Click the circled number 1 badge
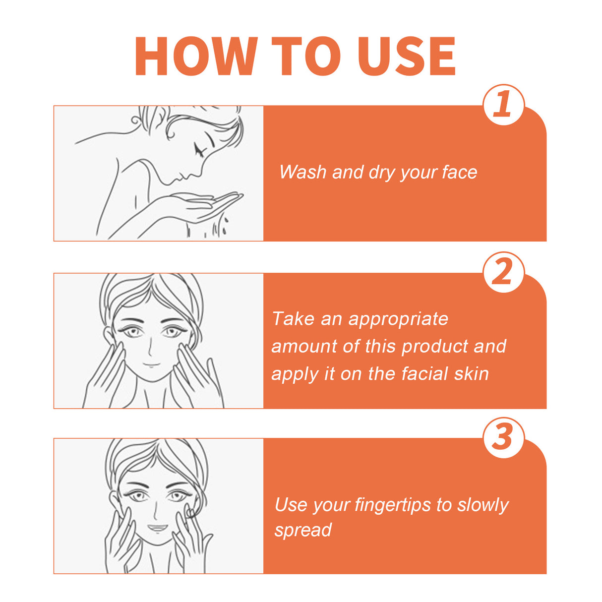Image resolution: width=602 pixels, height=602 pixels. (x=503, y=105)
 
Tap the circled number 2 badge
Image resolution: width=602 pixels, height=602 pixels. (x=503, y=272)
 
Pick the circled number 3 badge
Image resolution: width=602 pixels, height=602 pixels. (x=503, y=438)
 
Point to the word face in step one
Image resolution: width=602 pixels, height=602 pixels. (x=459, y=172)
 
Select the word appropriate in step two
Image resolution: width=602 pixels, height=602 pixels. (x=398, y=319)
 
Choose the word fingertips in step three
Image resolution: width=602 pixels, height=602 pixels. (x=392, y=505)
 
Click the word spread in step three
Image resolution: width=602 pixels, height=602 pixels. (x=303, y=531)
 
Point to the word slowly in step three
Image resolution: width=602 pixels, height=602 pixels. (x=482, y=505)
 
